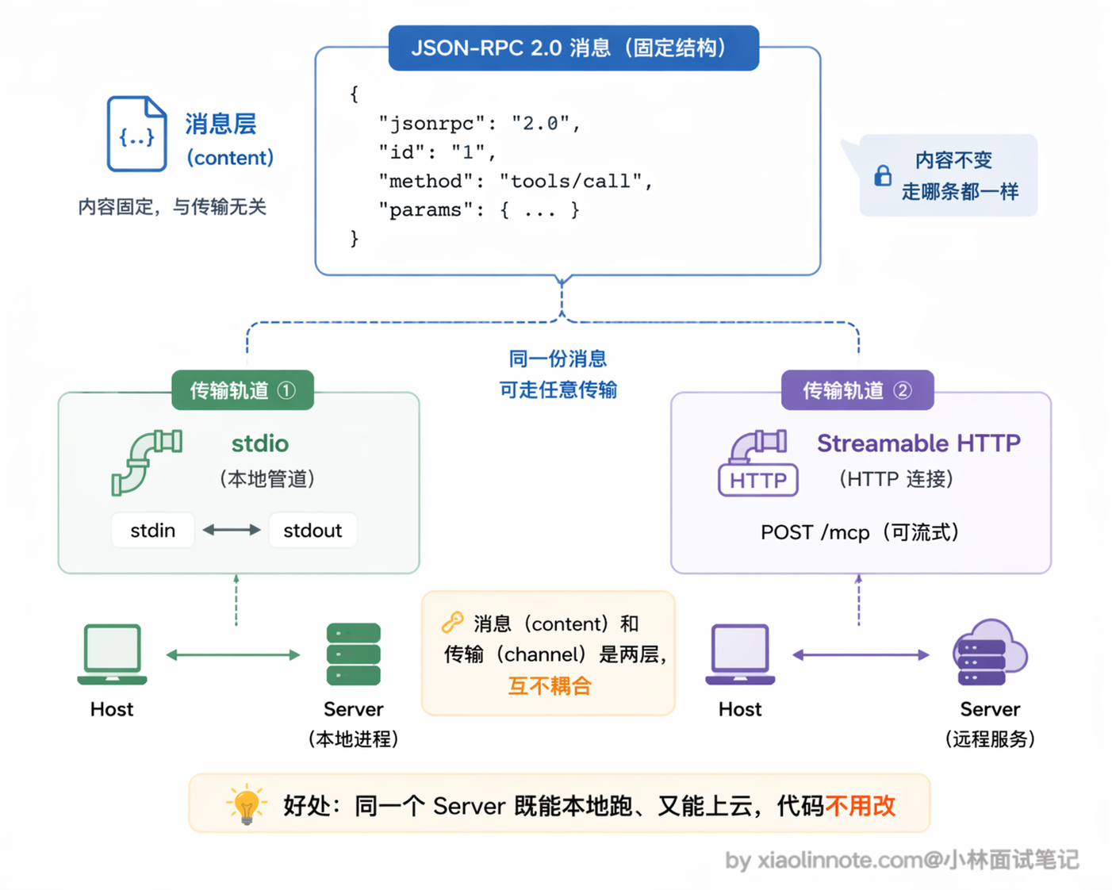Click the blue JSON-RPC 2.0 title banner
tap(573, 48)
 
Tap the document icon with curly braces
tap(137, 133)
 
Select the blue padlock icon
tap(883, 176)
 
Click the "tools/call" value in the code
tap(571, 182)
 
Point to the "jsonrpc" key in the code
tap(432, 124)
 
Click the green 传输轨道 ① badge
tap(243, 390)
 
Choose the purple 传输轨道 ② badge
tap(857, 390)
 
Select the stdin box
tap(153, 531)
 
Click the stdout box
tap(313, 531)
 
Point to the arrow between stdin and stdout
tap(232, 530)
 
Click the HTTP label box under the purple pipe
tap(758, 481)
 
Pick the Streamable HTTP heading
tap(918, 443)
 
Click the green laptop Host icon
tap(112, 654)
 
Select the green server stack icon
tap(354, 654)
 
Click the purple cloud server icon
tap(991, 652)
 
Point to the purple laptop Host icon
tap(740, 654)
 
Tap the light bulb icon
tap(247, 804)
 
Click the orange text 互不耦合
tap(550, 686)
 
